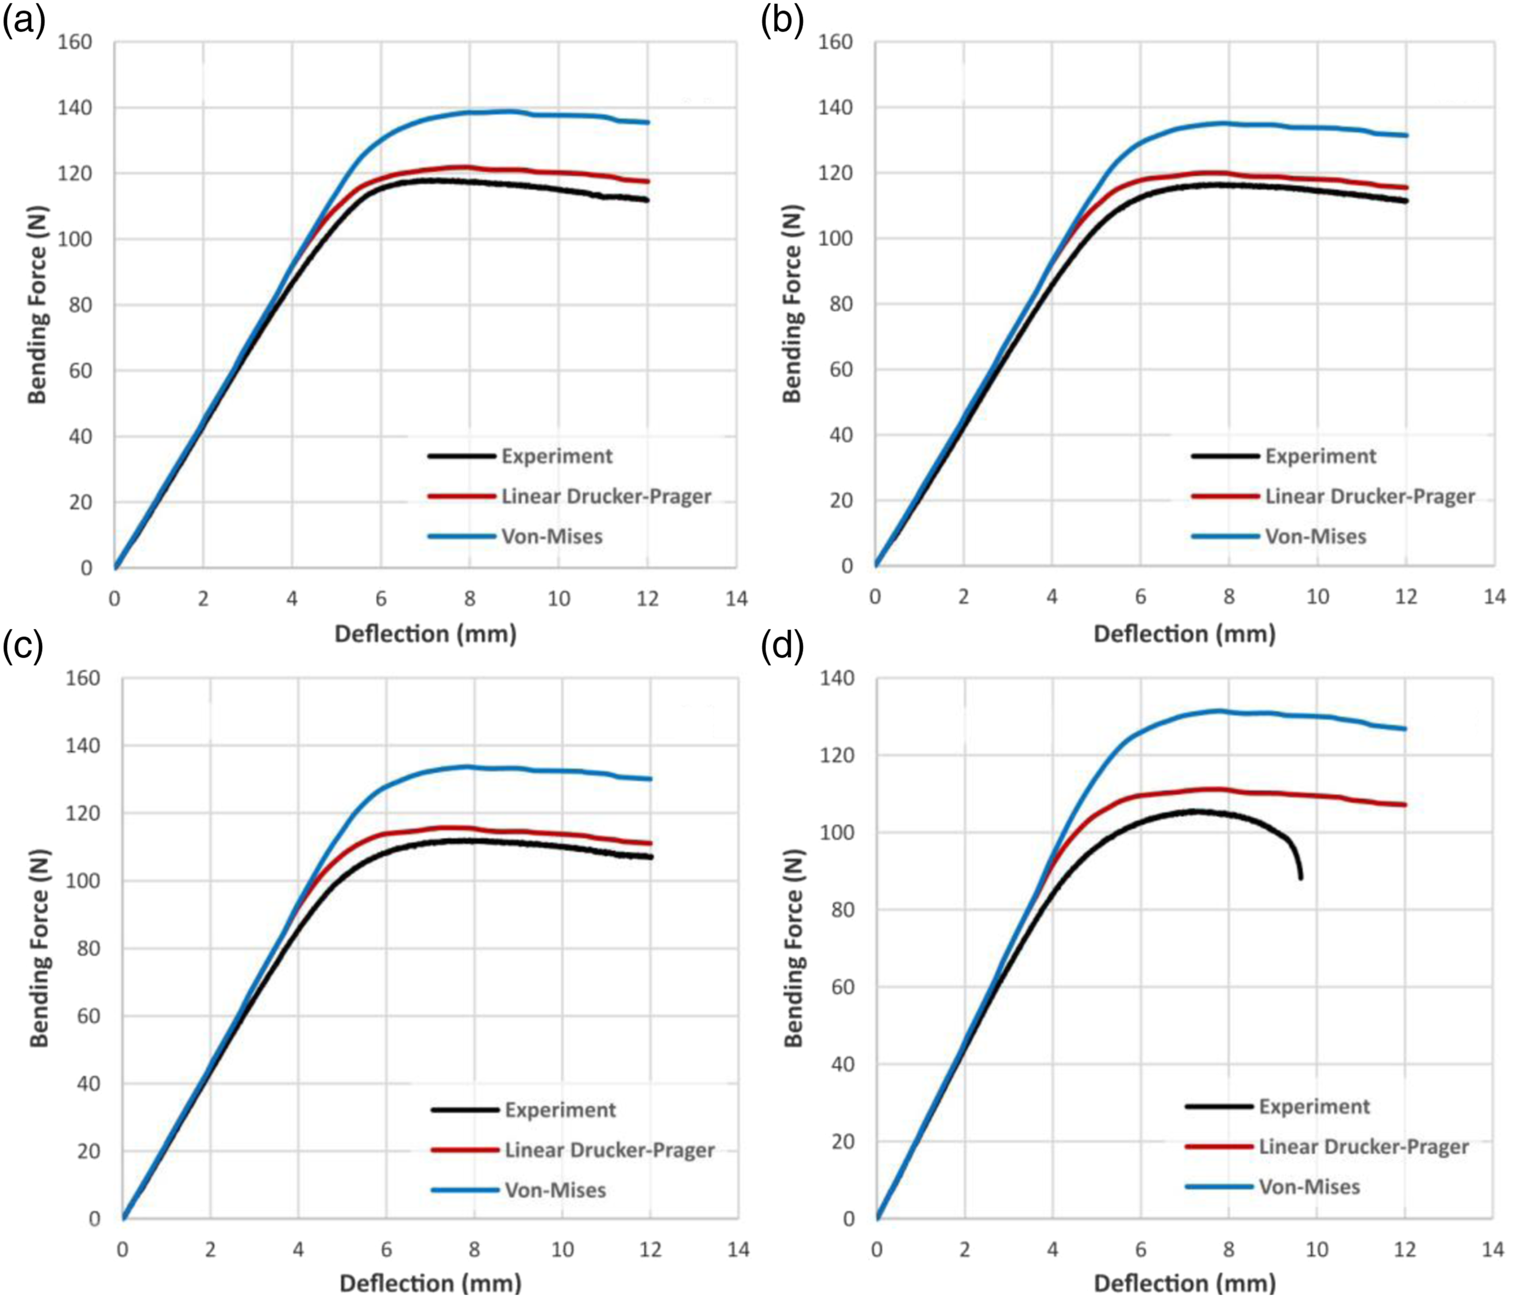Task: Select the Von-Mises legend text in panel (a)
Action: coord(552,536)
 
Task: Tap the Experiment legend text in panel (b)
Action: coord(1320,456)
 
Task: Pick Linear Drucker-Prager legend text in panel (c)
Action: coord(610,1150)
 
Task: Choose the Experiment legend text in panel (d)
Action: coord(1314,1107)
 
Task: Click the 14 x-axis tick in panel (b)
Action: coord(1495,596)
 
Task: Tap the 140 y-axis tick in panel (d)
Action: coord(837,678)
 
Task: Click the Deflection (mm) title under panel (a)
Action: coord(426,633)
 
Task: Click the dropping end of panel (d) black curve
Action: coord(1300,878)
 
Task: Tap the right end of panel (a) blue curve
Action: coord(648,122)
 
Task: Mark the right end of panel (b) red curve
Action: coord(1406,188)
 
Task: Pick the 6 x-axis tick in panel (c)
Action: coord(386,1249)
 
